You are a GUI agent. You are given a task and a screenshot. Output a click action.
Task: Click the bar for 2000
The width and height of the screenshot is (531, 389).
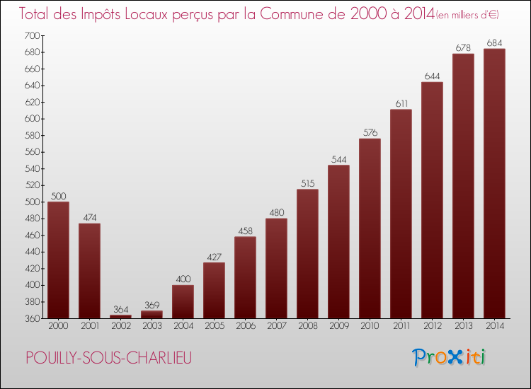(x=58, y=260)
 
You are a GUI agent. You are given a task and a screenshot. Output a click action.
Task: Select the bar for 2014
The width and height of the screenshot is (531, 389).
(x=494, y=184)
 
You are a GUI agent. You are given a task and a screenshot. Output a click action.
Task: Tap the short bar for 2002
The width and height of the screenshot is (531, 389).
(x=120, y=317)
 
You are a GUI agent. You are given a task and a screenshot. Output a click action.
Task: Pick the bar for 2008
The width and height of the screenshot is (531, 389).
(x=307, y=254)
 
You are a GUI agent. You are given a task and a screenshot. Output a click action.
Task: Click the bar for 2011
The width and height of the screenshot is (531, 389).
(x=401, y=214)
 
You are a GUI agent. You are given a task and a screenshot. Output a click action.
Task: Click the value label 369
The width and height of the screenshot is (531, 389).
(x=152, y=306)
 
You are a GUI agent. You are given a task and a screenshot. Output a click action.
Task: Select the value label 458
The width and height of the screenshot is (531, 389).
(x=245, y=231)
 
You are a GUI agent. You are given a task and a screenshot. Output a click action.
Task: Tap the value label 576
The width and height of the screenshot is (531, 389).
(x=370, y=133)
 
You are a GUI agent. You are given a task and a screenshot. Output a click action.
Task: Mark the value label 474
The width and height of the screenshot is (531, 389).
(x=89, y=218)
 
